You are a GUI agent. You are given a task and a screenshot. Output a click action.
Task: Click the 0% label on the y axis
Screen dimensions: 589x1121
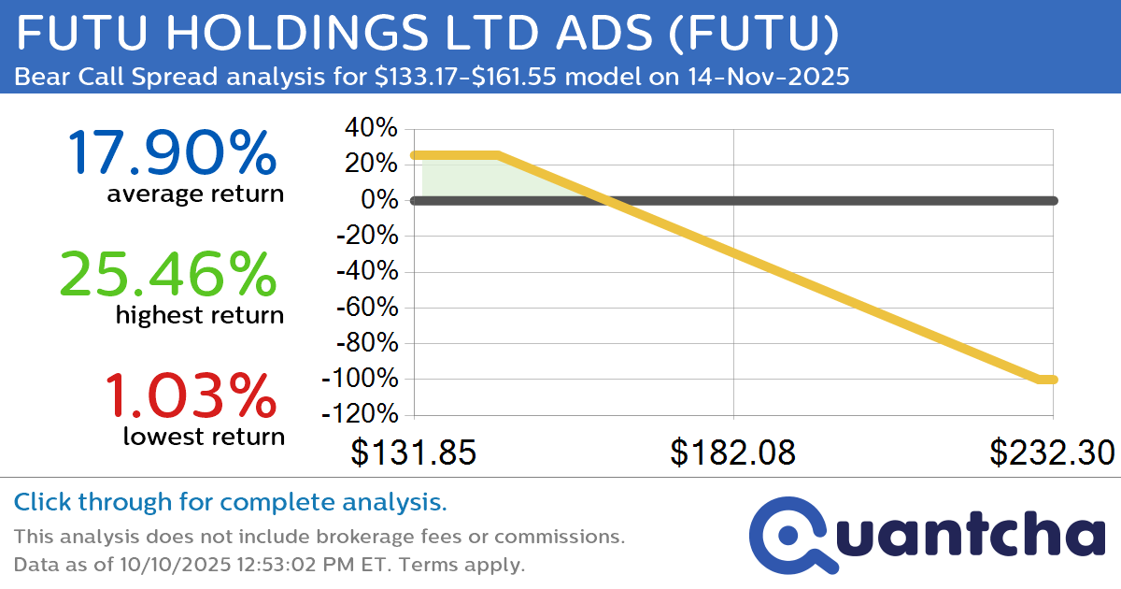click(383, 201)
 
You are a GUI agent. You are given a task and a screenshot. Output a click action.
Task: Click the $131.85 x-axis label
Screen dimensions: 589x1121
click(414, 453)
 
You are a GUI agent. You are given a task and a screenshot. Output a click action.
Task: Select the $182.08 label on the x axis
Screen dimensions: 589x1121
click(733, 453)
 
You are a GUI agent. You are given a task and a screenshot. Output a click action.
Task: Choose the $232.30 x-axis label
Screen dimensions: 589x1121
click(1053, 453)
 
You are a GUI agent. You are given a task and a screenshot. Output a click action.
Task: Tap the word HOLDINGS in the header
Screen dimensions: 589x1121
click(261, 36)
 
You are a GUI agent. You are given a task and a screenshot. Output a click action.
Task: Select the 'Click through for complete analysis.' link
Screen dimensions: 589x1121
click(230, 503)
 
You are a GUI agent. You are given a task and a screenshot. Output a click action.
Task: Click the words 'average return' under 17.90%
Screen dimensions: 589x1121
click(194, 194)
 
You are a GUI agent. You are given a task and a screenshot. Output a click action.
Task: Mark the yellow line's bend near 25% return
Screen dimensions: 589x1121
click(498, 155)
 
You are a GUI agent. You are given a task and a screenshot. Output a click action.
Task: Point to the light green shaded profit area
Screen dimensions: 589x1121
click(486, 178)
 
